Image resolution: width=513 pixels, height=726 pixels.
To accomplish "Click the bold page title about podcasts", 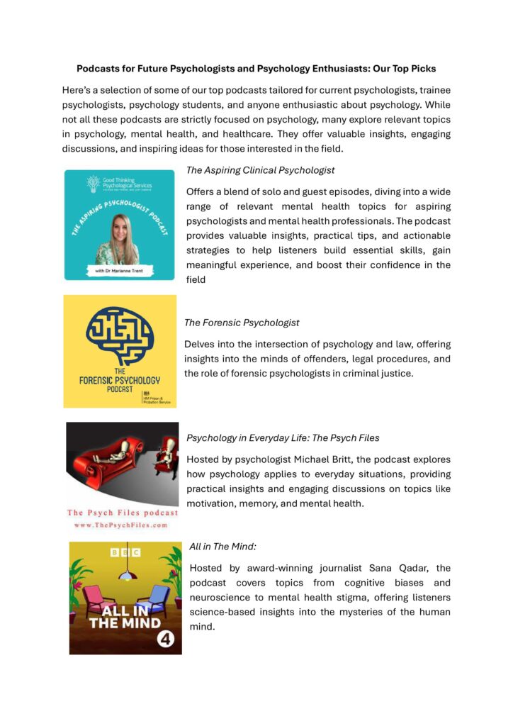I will [256, 69].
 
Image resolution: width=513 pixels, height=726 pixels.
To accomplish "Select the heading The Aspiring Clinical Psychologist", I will [260, 170].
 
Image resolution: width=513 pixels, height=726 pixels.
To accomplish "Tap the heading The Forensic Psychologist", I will [242, 323].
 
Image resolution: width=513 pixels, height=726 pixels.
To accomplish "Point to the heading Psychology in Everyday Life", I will [283, 438].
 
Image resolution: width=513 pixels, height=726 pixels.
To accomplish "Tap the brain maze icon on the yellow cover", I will [119, 337].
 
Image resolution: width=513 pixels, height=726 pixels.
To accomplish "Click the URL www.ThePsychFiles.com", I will [122, 525].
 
